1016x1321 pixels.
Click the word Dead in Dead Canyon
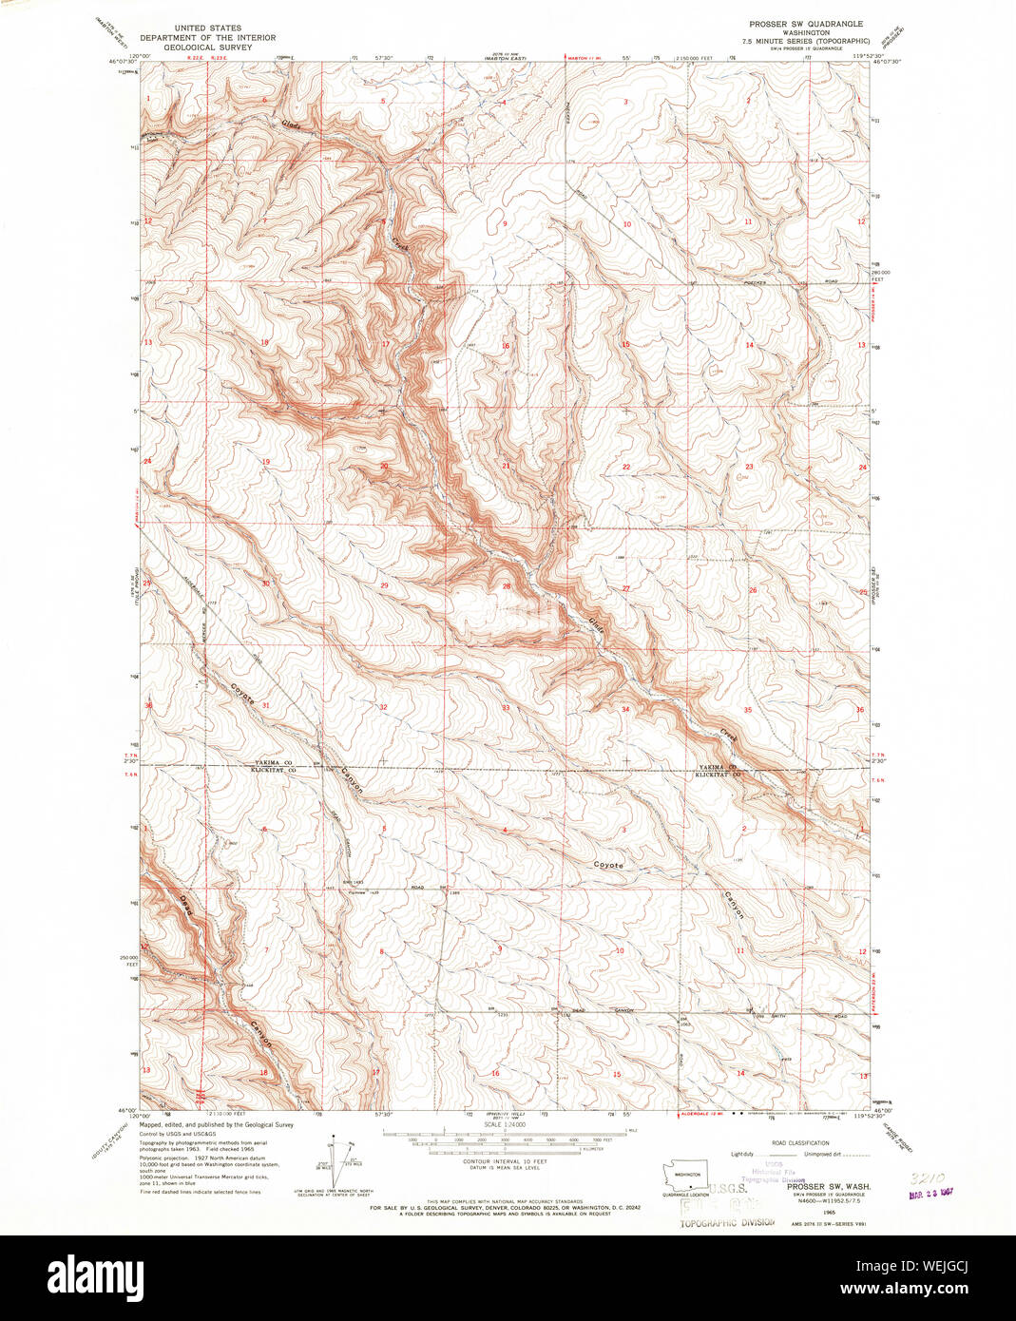pos(184,905)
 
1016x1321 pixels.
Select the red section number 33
pos(506,708)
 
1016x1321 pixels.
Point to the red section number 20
pos(384,467)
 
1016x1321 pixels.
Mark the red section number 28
pos(507,586)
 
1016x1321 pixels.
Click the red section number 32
pos(383,708)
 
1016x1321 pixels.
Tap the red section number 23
pos(749,467)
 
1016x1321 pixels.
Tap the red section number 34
pos(625,709)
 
